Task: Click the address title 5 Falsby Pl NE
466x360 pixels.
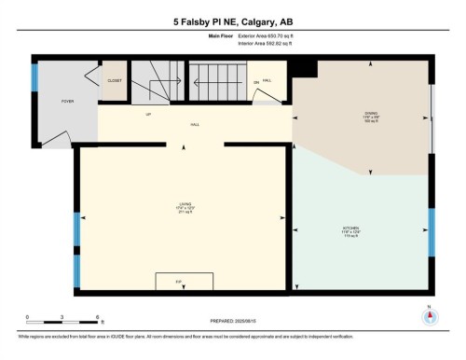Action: [x=232, y=21]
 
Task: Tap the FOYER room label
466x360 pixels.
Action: [x=68, y=100]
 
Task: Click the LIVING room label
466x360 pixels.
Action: [x=184, y=208]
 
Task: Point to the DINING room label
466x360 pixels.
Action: [x=371, y=117]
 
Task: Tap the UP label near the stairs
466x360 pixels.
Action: [x=148, y=115]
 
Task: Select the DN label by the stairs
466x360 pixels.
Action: [x=256, y=83]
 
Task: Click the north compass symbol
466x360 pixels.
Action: [x=429, y=315]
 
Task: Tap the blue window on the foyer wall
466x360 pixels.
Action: [x=35, y=76]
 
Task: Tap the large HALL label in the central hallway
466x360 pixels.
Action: [x=195, y=123]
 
